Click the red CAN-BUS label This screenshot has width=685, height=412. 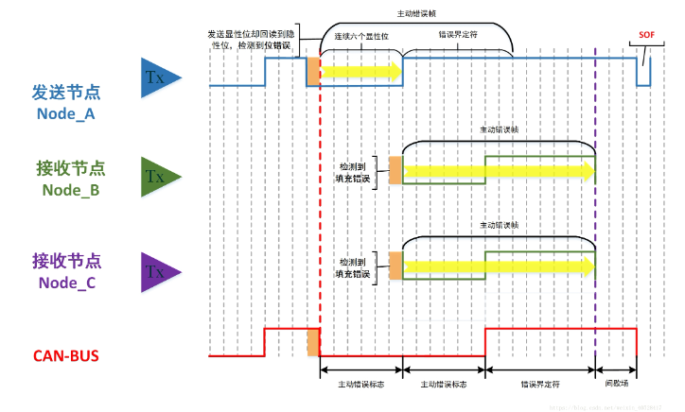pyautogui.click(x=67, y=356)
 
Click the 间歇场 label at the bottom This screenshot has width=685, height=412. pyautogui.click(x=615, y=385)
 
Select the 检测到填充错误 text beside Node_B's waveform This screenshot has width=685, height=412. pyautogui.click(x=354, y=170)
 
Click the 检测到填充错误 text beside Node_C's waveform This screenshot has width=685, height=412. pyautogui.click(x=354, y=266)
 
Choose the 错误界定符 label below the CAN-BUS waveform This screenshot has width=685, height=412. pyautogui.click(x=539, y=385)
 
